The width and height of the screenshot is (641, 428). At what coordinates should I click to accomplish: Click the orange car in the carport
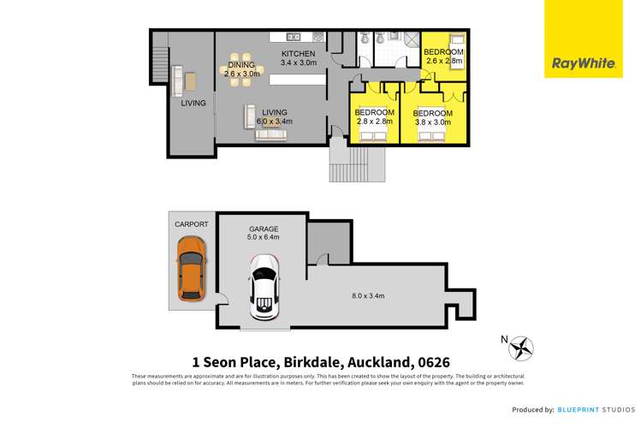pyautogui.click(x=191, y=269)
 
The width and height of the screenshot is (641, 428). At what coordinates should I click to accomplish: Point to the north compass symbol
pyautogui.click(x=520, y=348)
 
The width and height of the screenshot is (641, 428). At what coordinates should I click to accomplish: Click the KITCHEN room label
pyautogui.click(x=300, y=53)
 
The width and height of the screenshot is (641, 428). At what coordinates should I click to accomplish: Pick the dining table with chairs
pyautogui.click(x=240, y=68)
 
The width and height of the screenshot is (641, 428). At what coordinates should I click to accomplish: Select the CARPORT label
pyautogui.click(x=191, y=224)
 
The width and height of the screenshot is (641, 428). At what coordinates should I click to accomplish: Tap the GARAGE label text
pyautogui.click(x=262, y=229)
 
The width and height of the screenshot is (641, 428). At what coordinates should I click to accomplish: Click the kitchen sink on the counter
pyautogui.click(x=293, y=37)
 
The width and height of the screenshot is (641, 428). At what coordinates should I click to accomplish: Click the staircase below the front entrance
pyautogui.click(x=357, y=163)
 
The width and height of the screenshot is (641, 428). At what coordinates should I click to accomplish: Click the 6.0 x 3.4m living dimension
pyautogui.click(x=275, y=122)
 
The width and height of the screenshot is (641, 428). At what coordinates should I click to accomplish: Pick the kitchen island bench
pyautogui.click(x=297, y=79)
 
